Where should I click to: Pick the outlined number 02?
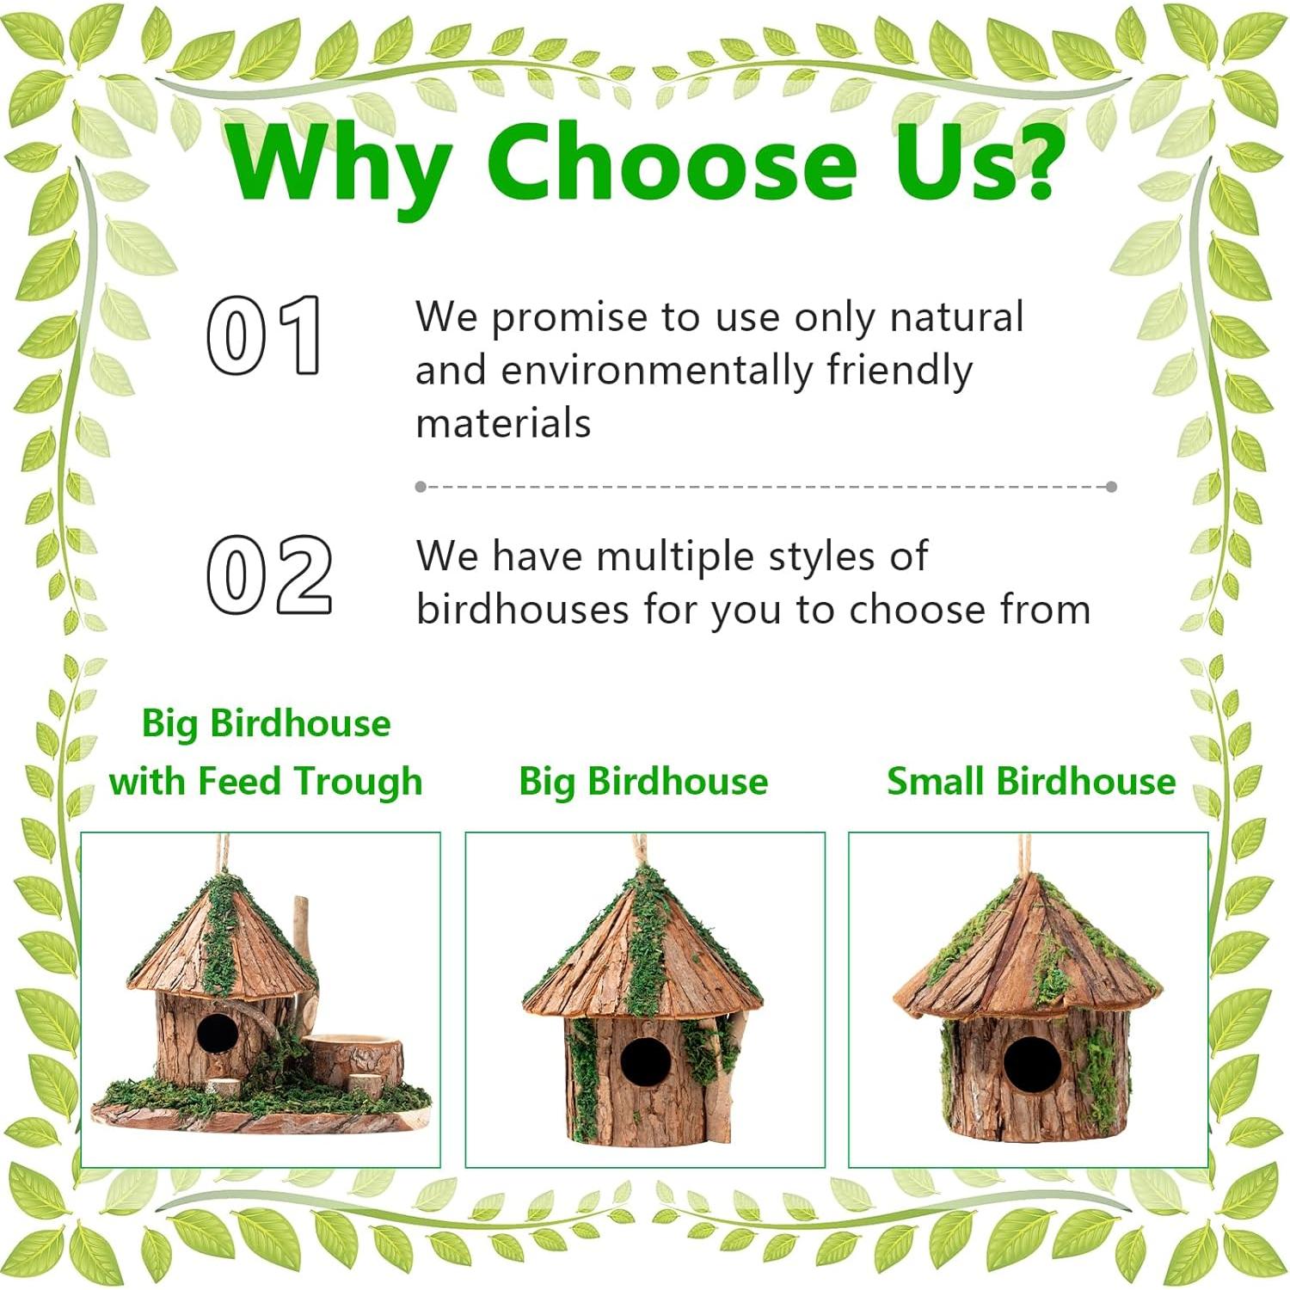click(x=269, y=574)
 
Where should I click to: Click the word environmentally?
click(x=656, y=371)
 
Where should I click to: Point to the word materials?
click(x=503, y=423)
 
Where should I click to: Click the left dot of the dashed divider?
click(x=421, y=487)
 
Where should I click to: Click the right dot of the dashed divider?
click(x=1111, y=487)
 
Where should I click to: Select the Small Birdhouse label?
click(x=1031, y=781)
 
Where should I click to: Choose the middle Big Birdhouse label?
click(x=643, y=782)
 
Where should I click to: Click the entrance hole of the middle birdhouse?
click(x=645, y=1061)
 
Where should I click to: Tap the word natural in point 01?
click(x=956, y=316)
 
